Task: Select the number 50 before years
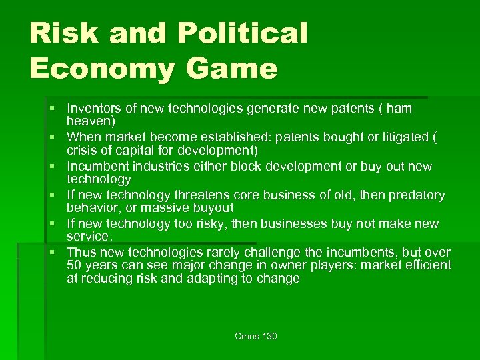(73, 265)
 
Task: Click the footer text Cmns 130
(256, 336)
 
